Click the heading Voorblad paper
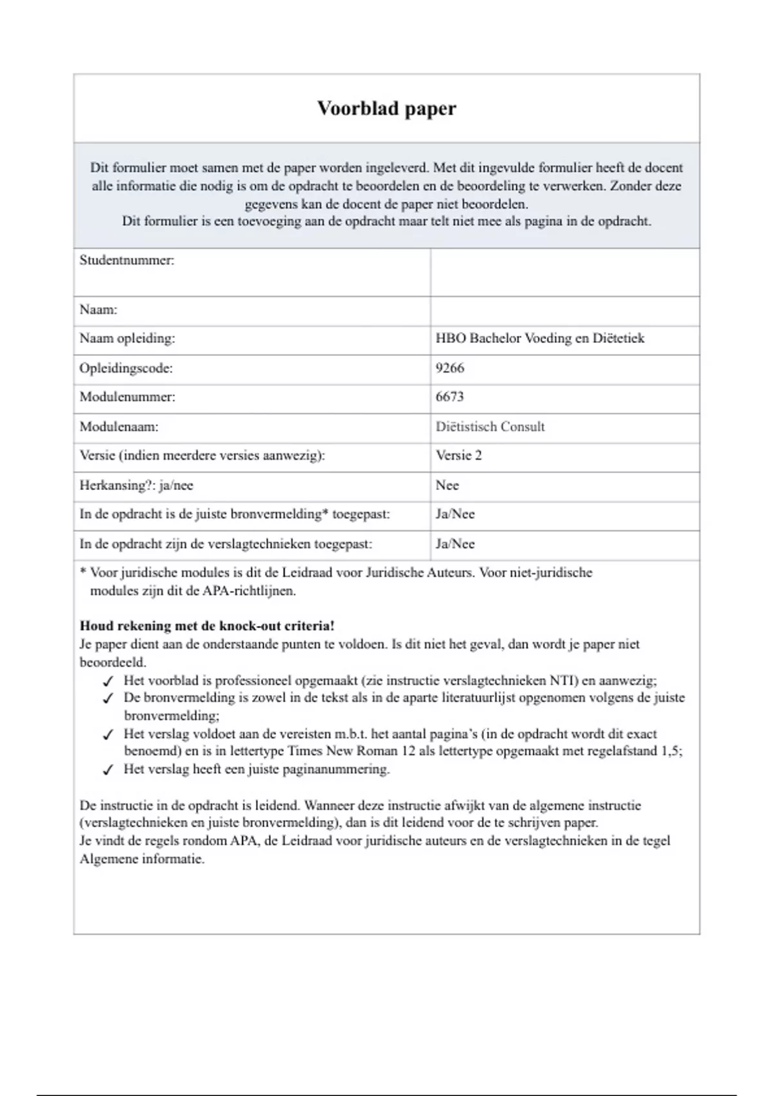click(x=386, y=108)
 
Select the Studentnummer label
click(x=127, y=260)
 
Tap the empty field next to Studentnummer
click(x=564, y=272)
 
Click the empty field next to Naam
click(x=564, y=311)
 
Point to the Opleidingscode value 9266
click(x=450, y=368)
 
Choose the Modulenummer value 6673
click(x=450, y=396)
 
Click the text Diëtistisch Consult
click(x=490, y=427)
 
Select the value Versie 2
click(x=459, y=455)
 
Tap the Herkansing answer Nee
click(x=447, y=485)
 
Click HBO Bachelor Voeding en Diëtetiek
click(x=540, y=338)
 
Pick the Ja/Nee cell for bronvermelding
click(x=455, y=514)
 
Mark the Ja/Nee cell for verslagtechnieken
click(x=455, y=543)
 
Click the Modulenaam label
click(x=119, y=427)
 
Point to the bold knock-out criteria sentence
click(x=207, y=625)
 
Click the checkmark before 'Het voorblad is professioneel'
click(x=108, y=681)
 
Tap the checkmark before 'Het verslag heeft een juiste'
click(x=108, y=769)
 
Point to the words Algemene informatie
click(x=142, y=859)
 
